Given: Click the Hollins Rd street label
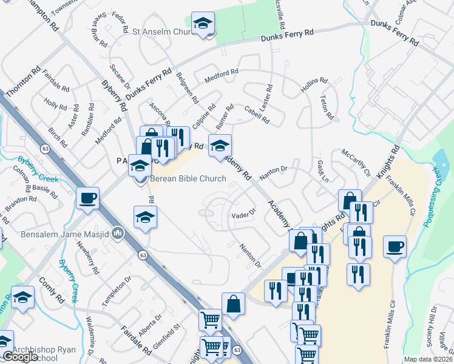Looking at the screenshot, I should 314,86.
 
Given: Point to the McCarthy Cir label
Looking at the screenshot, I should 355,162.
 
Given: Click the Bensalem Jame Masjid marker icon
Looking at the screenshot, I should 119,233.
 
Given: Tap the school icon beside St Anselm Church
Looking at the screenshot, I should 203,24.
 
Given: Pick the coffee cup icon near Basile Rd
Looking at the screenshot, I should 88,198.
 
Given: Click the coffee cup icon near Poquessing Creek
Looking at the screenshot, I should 395,246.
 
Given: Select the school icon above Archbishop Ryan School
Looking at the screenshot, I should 22,297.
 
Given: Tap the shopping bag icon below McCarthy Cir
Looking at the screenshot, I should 349,200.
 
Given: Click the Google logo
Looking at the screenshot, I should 19,357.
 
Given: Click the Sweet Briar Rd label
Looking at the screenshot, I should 99,29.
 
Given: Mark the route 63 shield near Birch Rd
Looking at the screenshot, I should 45,148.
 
